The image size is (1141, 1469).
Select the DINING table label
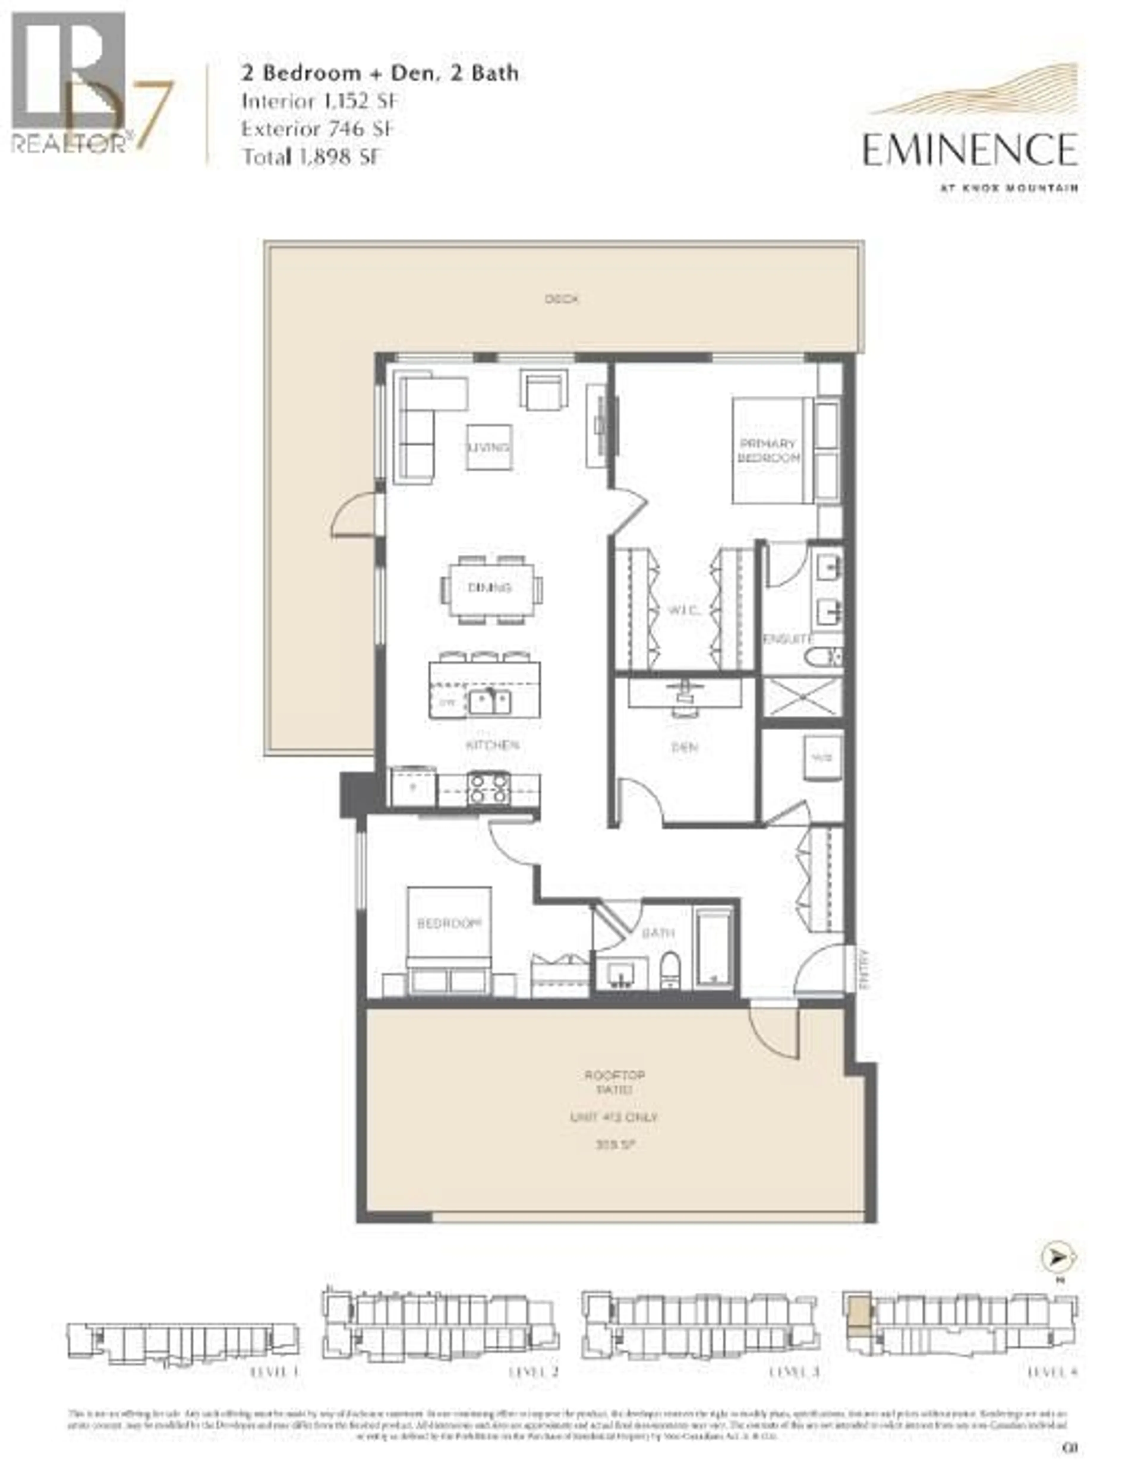click(490, 587)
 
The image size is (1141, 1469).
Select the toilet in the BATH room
click(670, 971)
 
